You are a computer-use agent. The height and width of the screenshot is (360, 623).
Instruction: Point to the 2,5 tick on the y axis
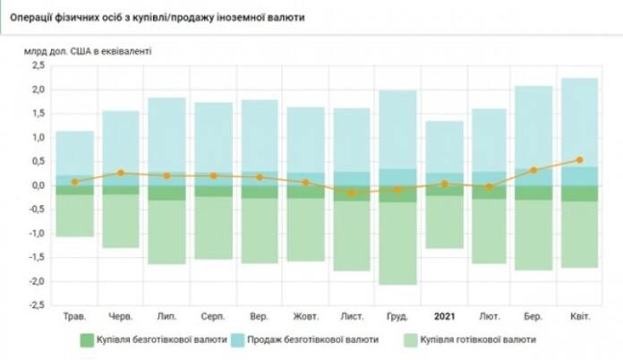pos(37,66)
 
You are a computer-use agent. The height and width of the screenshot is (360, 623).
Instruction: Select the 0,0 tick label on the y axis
pos(37,185)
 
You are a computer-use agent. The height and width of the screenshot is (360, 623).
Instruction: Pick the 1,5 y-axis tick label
pos(37,114)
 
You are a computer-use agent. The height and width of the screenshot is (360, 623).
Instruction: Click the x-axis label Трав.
pos(75,317)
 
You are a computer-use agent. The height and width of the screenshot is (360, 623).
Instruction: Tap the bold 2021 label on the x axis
pos(445,317)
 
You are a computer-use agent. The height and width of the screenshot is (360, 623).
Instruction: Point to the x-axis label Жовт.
pos(306,317)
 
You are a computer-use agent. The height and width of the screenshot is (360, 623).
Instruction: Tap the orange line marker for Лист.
pos(352,193)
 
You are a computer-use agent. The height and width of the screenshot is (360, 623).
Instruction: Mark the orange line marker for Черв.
pos(121,173)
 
